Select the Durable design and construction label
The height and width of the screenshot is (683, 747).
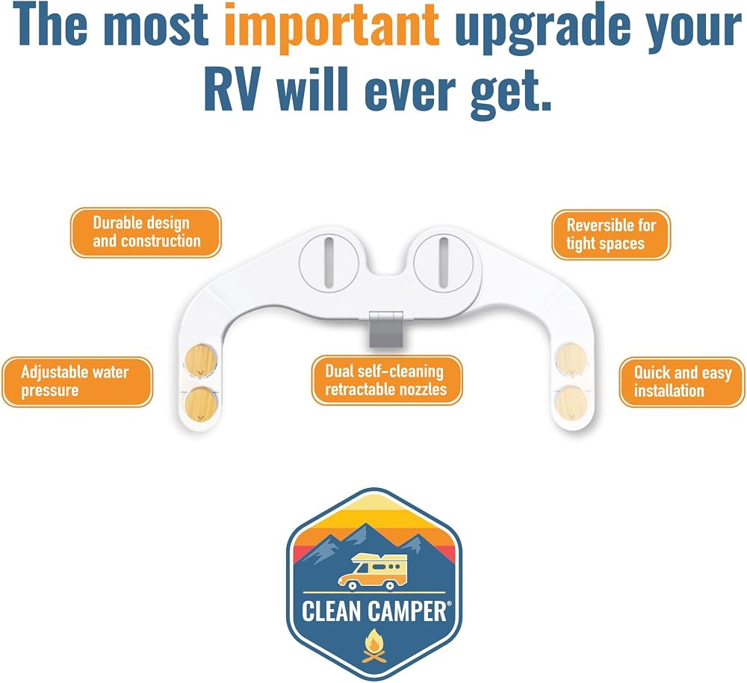(146, 232)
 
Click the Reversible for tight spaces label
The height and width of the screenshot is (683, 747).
(611, 235)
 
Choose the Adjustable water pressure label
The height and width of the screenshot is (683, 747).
(78, 382)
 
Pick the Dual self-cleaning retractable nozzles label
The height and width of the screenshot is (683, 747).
(387, 380)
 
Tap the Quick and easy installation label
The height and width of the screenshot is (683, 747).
(682, 383)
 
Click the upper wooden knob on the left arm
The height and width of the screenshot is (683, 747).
(200, 360)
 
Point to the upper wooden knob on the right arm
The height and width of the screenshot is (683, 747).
(571, 359)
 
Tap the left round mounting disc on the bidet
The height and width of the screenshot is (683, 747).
(329, 262)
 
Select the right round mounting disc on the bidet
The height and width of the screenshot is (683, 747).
(444, 262)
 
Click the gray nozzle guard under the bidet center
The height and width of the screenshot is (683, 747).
(386, 330)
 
